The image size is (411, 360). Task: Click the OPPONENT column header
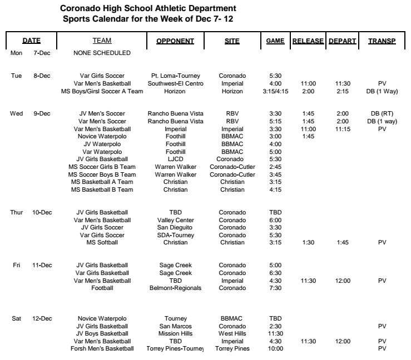(x=175, y=41)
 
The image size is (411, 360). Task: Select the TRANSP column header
(x=382, y=41)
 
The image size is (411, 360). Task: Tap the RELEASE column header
(x=308, y=41)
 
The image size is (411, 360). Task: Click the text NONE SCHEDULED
(x=102, y=53)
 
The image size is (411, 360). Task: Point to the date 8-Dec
(x=42, y=76)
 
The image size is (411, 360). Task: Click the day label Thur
(x=17, y=212)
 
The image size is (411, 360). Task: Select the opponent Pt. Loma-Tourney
(x=175, y=76)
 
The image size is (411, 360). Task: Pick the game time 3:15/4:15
(x=275, y=91)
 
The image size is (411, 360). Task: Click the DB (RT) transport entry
(x=382, y=114)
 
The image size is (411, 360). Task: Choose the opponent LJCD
(x=175, y=159)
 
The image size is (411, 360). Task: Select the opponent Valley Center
(x=175, y=220)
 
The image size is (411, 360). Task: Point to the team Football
(x=102, y=288)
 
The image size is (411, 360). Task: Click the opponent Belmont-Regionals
(x=175, y=288)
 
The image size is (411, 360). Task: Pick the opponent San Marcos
(x=175, y=326)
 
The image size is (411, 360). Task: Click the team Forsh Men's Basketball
(x=102, y=349)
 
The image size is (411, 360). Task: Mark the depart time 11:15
(x=343, y=129)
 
